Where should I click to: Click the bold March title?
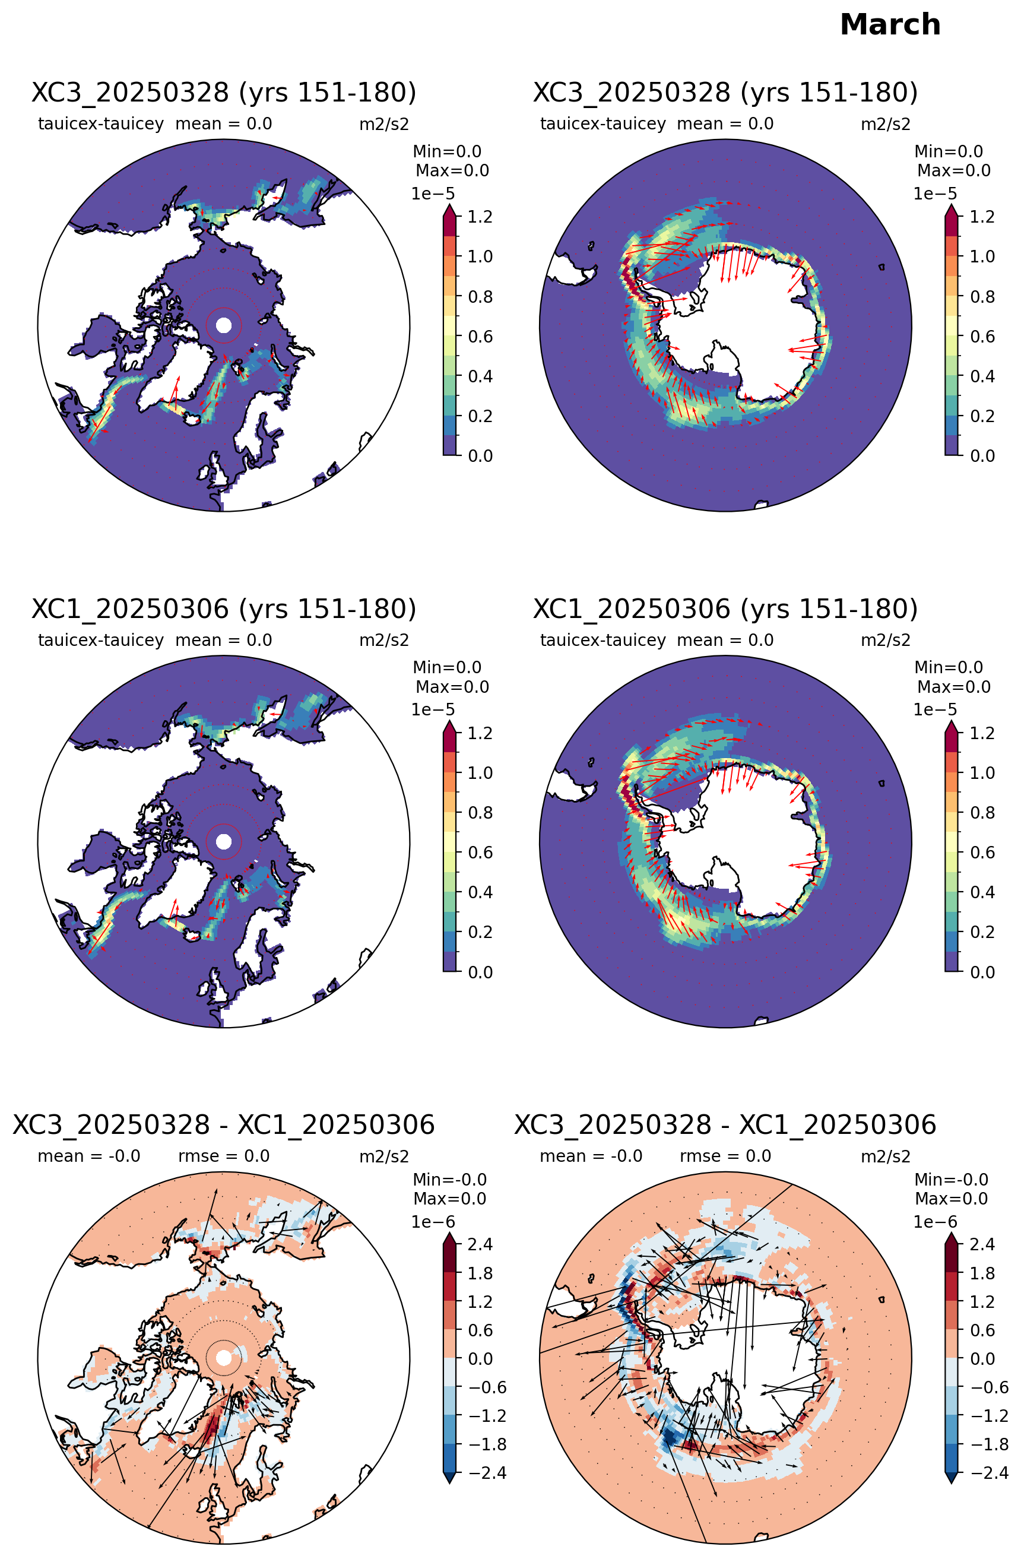tap(890, 25)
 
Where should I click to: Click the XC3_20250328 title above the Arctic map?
tap(224, 93)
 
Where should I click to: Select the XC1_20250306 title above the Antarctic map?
tap(725, 609)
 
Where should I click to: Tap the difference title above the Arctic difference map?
tap(224, 1124)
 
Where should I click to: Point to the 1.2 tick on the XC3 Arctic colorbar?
tap(480, 217)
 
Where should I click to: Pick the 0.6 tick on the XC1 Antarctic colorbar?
tap(982, 853)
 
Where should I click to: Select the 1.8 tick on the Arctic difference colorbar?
tap(480, 1273)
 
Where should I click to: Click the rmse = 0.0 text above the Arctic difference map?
tap(224, 1156)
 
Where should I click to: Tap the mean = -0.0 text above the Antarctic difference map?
tap(591, 1156)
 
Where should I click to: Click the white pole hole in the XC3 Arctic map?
tap(224, 325)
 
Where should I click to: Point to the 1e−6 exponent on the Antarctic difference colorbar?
tap(935, 1222)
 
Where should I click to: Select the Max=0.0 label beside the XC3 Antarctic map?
tap(954, 170)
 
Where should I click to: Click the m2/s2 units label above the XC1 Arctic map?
tap(383, 640)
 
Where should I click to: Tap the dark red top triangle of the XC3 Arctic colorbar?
tap(450, 211)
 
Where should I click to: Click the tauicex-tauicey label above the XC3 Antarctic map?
tap(603, 124)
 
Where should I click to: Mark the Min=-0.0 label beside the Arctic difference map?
tap(450, 1180)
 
